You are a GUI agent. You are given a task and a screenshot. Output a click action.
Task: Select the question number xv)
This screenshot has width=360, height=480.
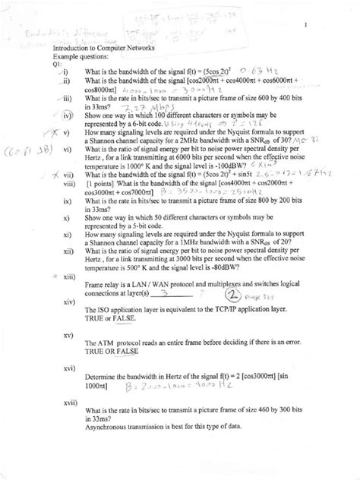(69, 335)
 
